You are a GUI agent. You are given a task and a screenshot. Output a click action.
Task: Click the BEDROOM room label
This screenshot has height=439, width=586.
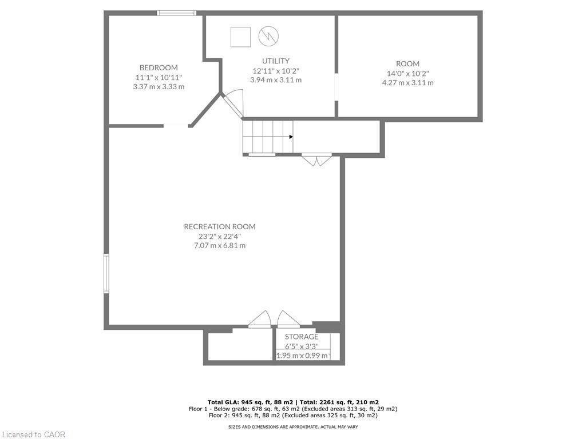click(x=159, y=67)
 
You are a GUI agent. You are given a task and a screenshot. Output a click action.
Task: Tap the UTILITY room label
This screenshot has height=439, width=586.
click(x=276, y=61)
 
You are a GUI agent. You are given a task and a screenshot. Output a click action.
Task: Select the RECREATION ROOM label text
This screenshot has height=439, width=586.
click(x=220, y=226)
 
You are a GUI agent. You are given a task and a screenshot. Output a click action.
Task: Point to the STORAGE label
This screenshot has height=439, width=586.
click(x=302, y=337)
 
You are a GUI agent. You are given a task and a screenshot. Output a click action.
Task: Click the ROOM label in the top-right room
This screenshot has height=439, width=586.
click(x=407, y=63)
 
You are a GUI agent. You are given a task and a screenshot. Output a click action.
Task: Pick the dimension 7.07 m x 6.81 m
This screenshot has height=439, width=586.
click(x=220, y=245)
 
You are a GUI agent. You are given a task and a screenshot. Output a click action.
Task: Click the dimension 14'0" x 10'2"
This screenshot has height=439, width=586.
click(x=407, y=73)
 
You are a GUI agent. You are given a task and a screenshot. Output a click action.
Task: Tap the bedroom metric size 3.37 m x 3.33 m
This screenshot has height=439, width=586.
click(x=159, y=86)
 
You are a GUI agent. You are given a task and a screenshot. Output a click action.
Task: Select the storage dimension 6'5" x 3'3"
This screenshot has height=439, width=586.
click(x=302, y=346)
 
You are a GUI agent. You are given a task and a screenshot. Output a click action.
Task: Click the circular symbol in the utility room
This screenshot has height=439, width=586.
click(x=268, y=37)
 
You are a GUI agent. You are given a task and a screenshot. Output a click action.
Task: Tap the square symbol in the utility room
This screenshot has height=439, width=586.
click(x=240, y=37)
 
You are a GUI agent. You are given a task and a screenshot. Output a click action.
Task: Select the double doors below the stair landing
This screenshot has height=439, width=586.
click(x=316, y=159)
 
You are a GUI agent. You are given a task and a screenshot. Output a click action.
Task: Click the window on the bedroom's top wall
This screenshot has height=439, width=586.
click(x=177, y=13)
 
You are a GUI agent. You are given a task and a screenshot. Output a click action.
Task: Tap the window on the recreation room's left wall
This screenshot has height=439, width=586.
click(x=106, y=274)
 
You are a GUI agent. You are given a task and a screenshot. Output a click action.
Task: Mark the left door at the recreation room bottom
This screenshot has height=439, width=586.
click(x=260, y=320)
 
